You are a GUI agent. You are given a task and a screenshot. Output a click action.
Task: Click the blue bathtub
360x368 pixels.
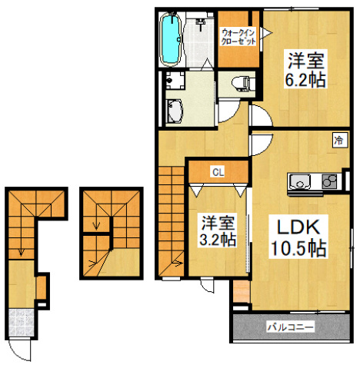point(170,38)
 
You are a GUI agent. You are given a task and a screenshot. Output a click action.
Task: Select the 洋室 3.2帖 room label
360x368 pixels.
point(218,230)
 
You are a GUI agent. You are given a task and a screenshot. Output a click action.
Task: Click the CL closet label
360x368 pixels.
point(218,171)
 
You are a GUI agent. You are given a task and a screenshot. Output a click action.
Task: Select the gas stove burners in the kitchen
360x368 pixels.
point(328,182)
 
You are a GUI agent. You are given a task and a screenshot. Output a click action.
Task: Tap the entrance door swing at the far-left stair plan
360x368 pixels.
point(23,350)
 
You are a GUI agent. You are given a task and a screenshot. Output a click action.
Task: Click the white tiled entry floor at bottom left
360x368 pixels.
point(21,322)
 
